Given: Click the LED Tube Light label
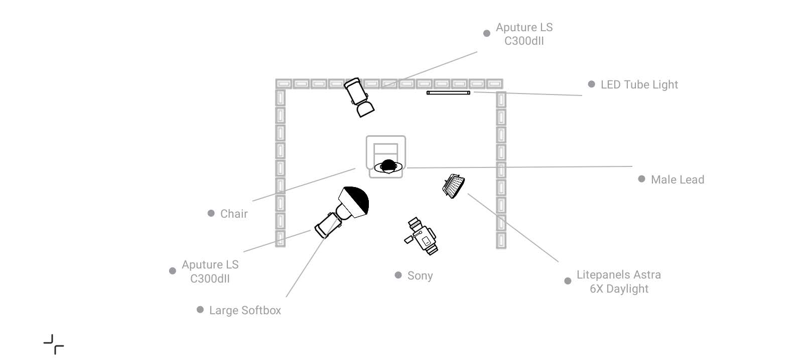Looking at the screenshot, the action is coord(639,85).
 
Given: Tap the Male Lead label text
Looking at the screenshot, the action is coord(678,179).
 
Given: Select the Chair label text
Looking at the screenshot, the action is coord(234,214).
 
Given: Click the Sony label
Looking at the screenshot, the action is coord(420,276).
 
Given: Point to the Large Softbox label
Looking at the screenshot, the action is coord(245,310).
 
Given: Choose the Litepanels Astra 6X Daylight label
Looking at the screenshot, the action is coord(619,282).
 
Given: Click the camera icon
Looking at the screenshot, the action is coord(422,236).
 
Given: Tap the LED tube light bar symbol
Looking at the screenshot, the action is coord(448,93).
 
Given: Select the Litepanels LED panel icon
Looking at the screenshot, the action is coord(454,186).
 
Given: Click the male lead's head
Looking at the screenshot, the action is coord(388,166).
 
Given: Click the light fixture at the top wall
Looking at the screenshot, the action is coord(359,97).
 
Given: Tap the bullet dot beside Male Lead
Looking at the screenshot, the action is coord(642,179).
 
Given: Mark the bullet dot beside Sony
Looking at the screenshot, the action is coord(398,275).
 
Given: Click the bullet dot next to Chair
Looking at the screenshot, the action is coord(211,213).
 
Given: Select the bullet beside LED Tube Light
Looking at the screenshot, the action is coord(592,84).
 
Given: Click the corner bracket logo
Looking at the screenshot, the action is coord(54,344).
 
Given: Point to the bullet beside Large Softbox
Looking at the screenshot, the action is coord(200,310).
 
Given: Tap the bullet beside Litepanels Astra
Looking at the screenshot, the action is coord(568,281).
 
